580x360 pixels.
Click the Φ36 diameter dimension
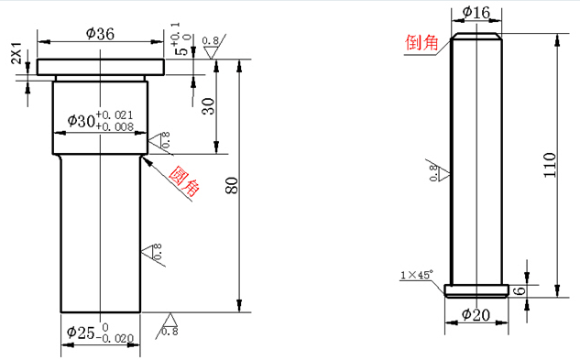click(100, 34)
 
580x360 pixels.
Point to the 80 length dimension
click(232, 185)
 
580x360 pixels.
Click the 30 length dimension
click(209, 106)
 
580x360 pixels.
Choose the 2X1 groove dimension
click(16, 53)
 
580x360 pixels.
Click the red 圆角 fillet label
click(184, 180)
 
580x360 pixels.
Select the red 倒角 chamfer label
click(421, 42)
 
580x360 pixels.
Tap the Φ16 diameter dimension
click(476, 12)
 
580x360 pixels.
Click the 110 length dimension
click(550, 165)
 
